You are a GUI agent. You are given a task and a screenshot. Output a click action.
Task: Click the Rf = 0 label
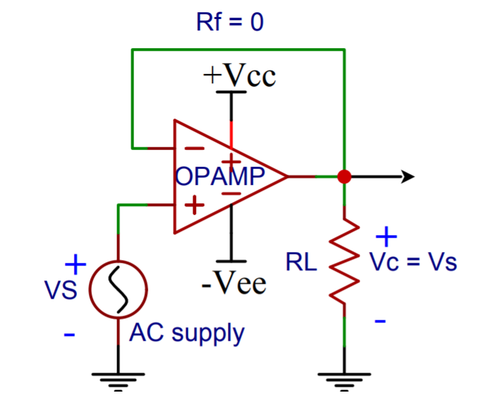229,22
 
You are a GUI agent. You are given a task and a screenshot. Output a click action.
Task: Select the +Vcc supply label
239,76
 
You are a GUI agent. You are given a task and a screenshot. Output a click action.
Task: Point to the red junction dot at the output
344,177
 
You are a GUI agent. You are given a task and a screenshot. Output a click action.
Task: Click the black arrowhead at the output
407,177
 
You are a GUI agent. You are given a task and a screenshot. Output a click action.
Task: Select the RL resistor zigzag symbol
344,260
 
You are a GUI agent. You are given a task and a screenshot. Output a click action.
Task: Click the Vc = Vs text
413,262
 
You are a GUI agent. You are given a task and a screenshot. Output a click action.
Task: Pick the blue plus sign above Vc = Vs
385,236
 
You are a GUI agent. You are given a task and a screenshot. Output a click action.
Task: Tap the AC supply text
187,333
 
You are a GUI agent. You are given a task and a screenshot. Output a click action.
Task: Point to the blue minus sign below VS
69,334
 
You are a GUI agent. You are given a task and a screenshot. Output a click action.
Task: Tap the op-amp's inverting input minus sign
195,148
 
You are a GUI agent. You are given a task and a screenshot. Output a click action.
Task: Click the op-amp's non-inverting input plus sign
195,205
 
